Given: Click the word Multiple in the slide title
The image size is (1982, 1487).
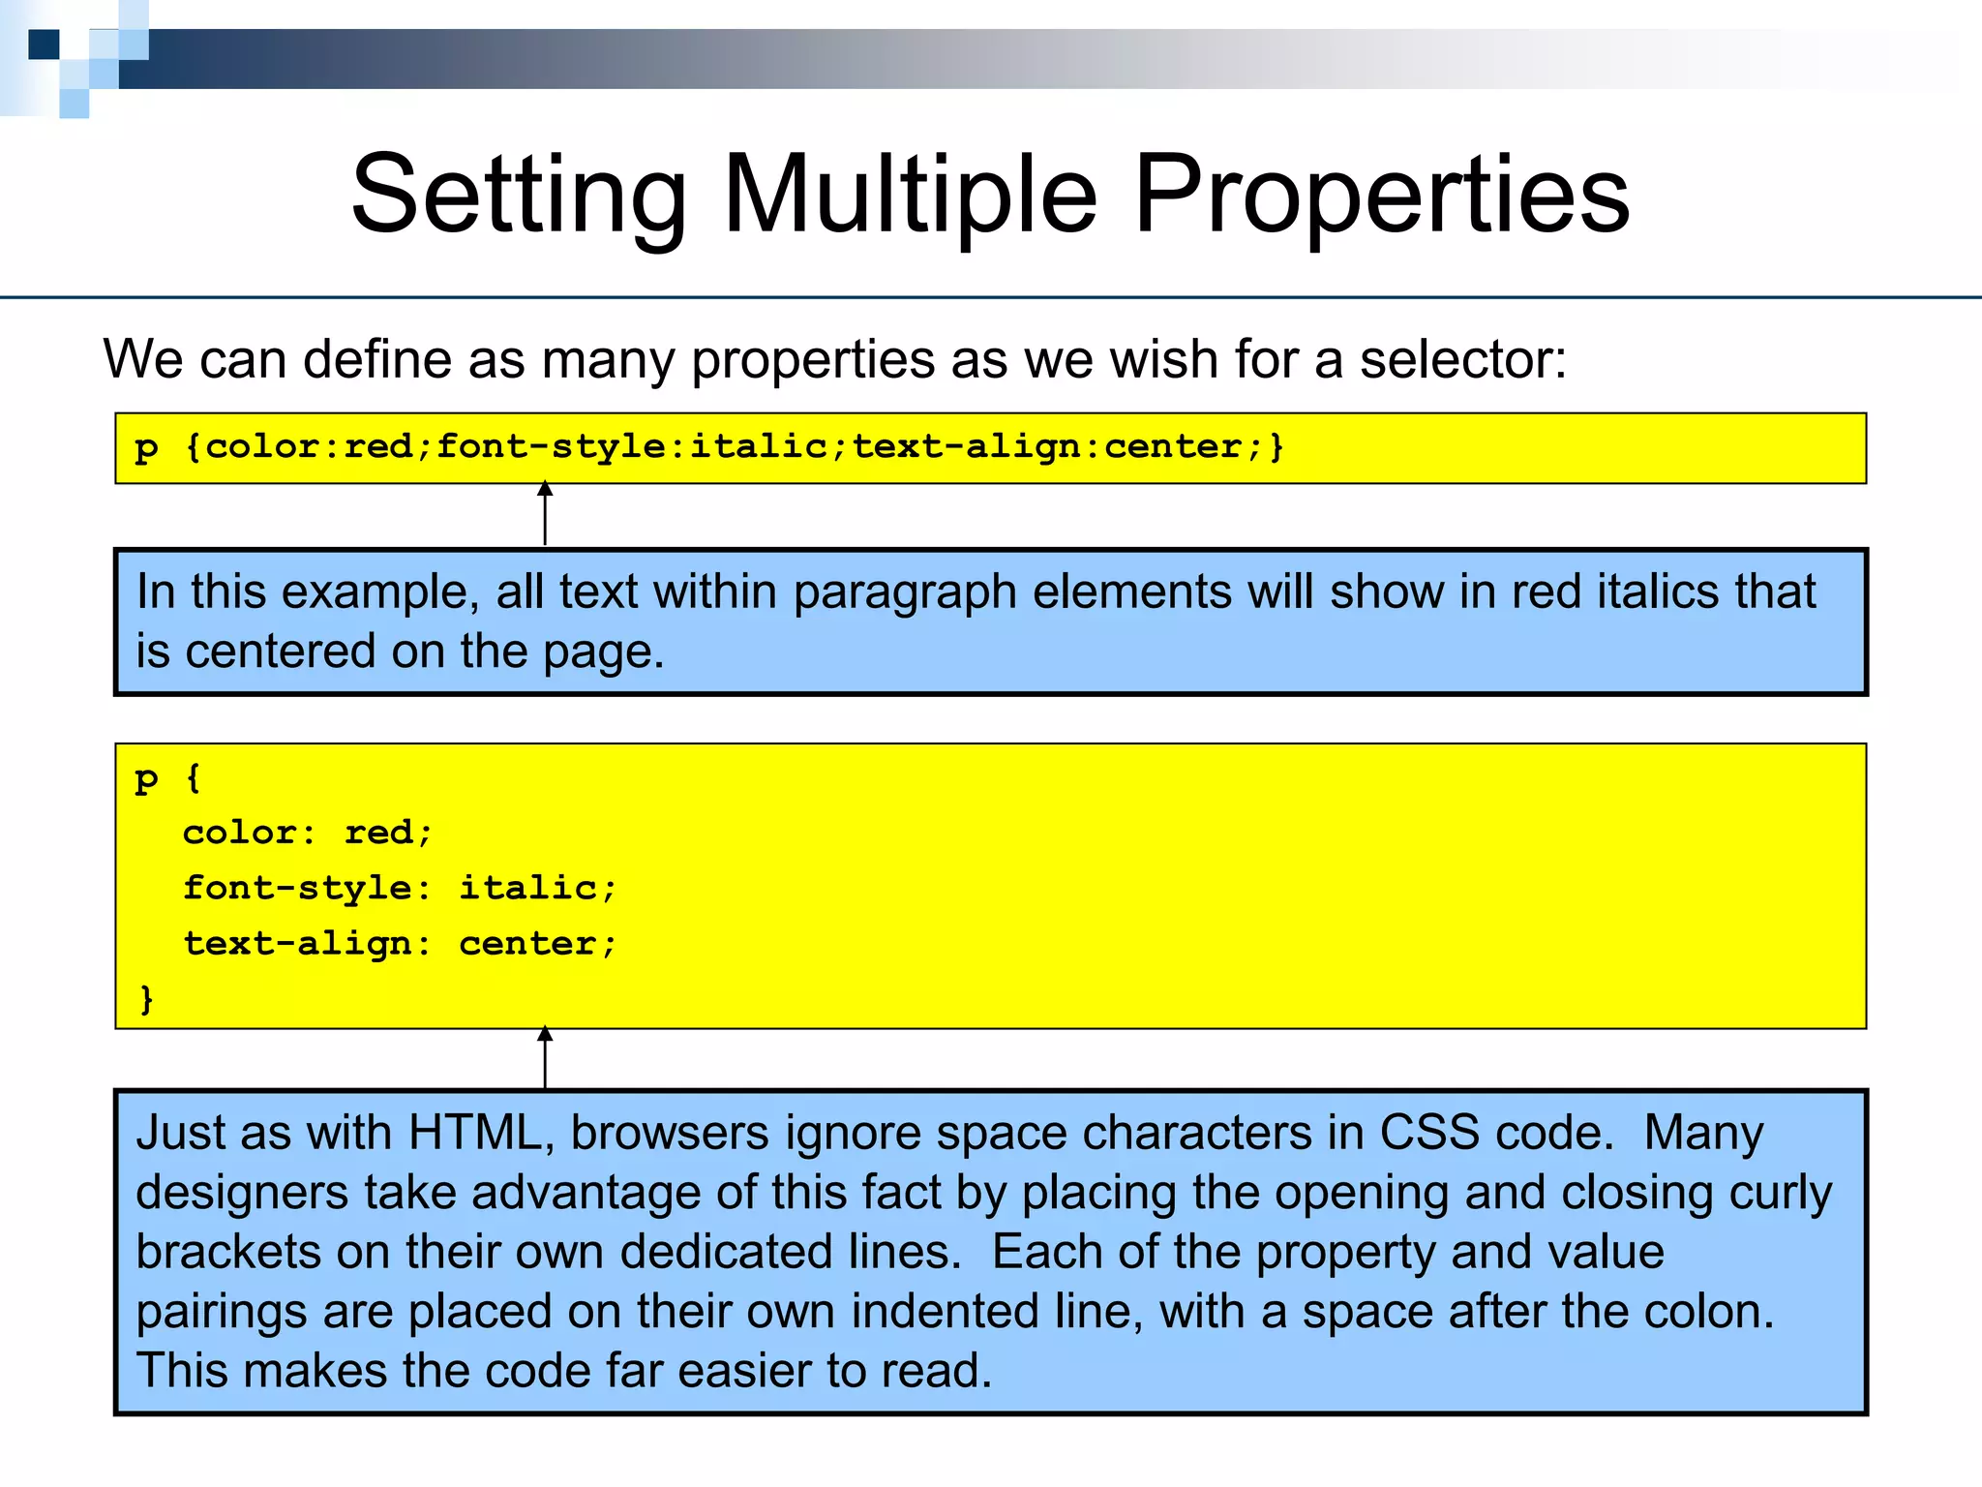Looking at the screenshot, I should [x=910, y=196].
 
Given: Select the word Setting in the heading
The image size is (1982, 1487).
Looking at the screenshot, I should [x=519, y=196].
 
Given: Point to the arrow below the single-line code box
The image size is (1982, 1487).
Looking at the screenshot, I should [x=545, y=514].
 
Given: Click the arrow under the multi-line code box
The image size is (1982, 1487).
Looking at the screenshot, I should [x=545, y=1057].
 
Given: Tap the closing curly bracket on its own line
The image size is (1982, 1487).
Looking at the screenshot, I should [x=147, y=998].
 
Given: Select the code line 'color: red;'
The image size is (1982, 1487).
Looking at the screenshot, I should [x=308, y=833].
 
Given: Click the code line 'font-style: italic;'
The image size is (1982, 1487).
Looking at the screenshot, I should [x=399, y=888].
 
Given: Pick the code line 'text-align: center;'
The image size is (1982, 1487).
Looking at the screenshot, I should [x=399, y=944].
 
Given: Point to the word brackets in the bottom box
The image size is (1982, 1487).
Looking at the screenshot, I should [x=227, y=1252].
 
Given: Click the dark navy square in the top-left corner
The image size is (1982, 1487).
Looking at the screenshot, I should [x=44, y=45].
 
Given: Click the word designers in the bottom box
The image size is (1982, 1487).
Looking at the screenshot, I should [x=242, y=1193].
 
